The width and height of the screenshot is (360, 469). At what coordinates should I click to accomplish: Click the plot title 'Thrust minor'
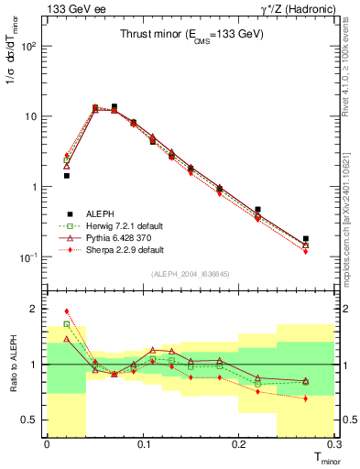(x=191, y=34)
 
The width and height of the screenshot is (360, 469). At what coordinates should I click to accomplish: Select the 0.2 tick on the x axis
(x=239, y=445)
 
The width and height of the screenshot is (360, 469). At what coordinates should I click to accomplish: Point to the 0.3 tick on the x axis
(x=333, y=445)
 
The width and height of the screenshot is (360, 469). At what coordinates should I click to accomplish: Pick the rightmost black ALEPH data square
(x=306, y=238)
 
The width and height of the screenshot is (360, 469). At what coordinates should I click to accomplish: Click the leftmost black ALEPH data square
(x=67, y=175)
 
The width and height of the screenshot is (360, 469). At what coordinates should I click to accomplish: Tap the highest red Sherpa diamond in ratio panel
(x=67, y=311)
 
